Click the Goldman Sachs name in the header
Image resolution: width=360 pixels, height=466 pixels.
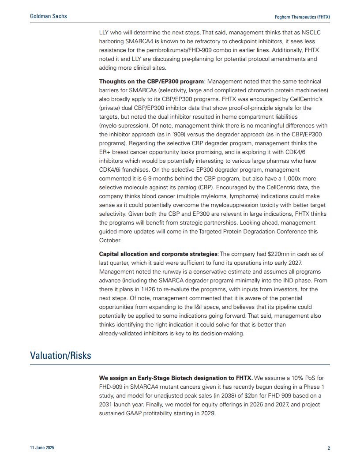click(x=49, y=16)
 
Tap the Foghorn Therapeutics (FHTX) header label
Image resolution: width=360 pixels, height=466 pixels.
click(x=303, y=16)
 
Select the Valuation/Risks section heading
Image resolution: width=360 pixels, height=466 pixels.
click(x=60, y=355)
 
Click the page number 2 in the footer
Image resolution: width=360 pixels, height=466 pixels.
click(x=329, y=448)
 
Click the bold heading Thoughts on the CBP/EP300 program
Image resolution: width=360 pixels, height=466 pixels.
click(x=152, y=82)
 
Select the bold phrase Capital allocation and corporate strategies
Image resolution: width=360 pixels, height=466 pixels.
click(x=158, y=254)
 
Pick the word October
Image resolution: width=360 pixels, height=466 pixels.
click(x=110, y=241)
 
